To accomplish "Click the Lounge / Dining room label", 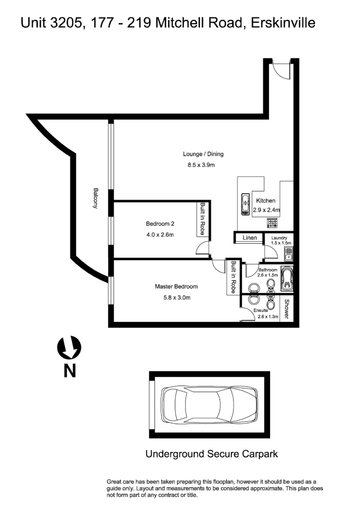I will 203,154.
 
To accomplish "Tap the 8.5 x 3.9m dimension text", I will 203,165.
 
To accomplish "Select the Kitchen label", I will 265,201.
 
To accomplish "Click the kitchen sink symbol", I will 245,204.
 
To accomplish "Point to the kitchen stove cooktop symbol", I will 273,223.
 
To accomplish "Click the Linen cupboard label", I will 250,238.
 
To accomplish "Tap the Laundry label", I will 279,238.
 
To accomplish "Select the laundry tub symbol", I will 287,254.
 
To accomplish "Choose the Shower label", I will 286,308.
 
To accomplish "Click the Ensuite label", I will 261,310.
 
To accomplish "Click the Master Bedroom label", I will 176,286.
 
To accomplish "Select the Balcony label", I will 96,198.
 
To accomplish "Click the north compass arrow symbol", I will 69,348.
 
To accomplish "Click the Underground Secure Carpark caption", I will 212,454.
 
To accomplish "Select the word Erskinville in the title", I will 281,22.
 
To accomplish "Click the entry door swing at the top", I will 282,71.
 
